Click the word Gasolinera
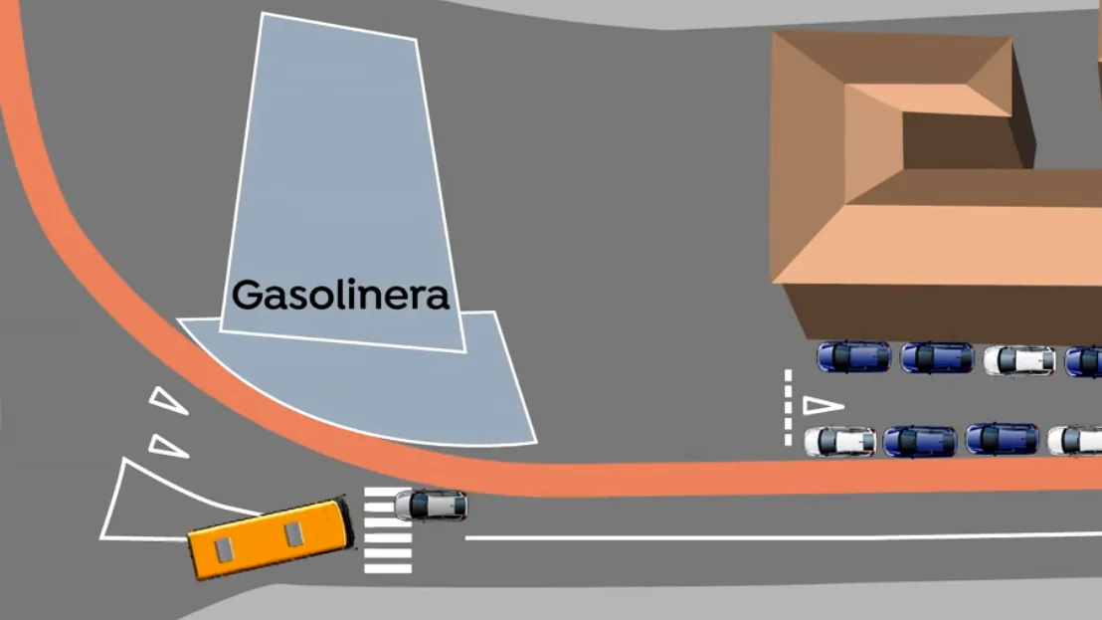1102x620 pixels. [x=340, y=295]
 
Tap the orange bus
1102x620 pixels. [x=272, y=538]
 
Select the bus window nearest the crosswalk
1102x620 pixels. [x=293, y=533]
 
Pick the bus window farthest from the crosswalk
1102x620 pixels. [x=224, y=549]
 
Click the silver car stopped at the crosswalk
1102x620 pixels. [x=431, y=506]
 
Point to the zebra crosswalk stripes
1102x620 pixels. [x=387, y=529]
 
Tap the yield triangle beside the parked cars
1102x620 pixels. [x=822, y=406]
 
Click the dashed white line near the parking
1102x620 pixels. [x=788, y=408]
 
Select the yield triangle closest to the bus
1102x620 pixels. [x=169, y=447]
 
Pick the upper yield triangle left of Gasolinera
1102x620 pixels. [x=167, y=400]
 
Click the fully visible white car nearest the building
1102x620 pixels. [x=1018, y=360]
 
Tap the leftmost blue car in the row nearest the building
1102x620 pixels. [x=853, y=357]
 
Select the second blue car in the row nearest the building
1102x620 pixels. [x=937, y=358]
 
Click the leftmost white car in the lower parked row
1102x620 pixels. [x=839, y=442]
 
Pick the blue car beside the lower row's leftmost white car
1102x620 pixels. [x=920, y=442]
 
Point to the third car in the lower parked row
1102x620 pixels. [x=1003, y=439]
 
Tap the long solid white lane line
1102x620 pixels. [x=783, y=537]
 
